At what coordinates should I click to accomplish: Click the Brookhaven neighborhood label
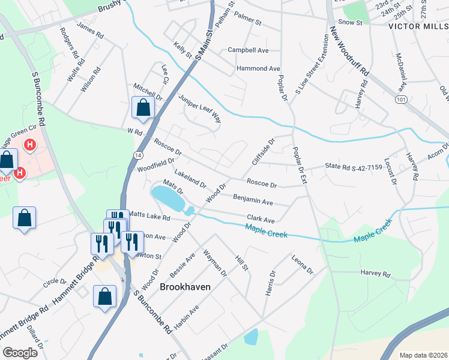(x=185, y=287)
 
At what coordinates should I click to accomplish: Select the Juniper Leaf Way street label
(x=200, y=109)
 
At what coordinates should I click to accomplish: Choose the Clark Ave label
(x=261, y=220)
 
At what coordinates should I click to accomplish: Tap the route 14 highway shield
(x=137, y=155)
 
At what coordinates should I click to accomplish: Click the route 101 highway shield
(x=401, y=100)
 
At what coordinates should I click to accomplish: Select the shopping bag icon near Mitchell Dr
(x=143, y=108)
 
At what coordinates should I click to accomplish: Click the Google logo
(x=20, y=353)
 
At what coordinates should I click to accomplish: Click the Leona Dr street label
(x=303, y=264)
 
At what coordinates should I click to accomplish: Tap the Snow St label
(x=351, y=22)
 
